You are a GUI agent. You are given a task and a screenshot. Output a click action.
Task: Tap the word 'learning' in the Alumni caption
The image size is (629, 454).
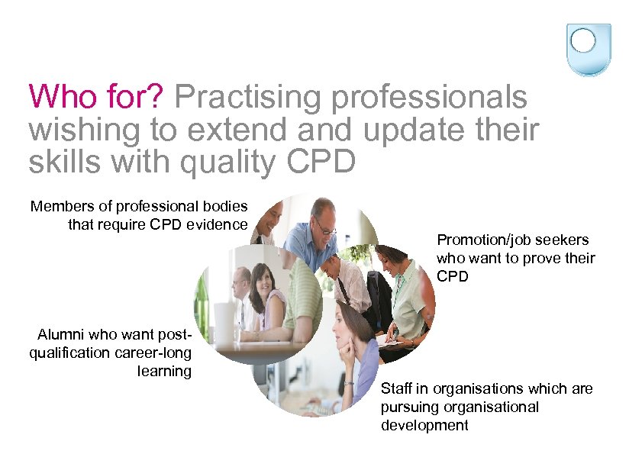(x=164, y=371)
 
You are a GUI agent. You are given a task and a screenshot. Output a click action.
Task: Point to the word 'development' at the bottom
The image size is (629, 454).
(x=424, y=425)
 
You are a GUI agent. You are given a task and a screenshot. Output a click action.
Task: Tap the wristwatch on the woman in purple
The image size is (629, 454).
(x=349, y=382)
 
